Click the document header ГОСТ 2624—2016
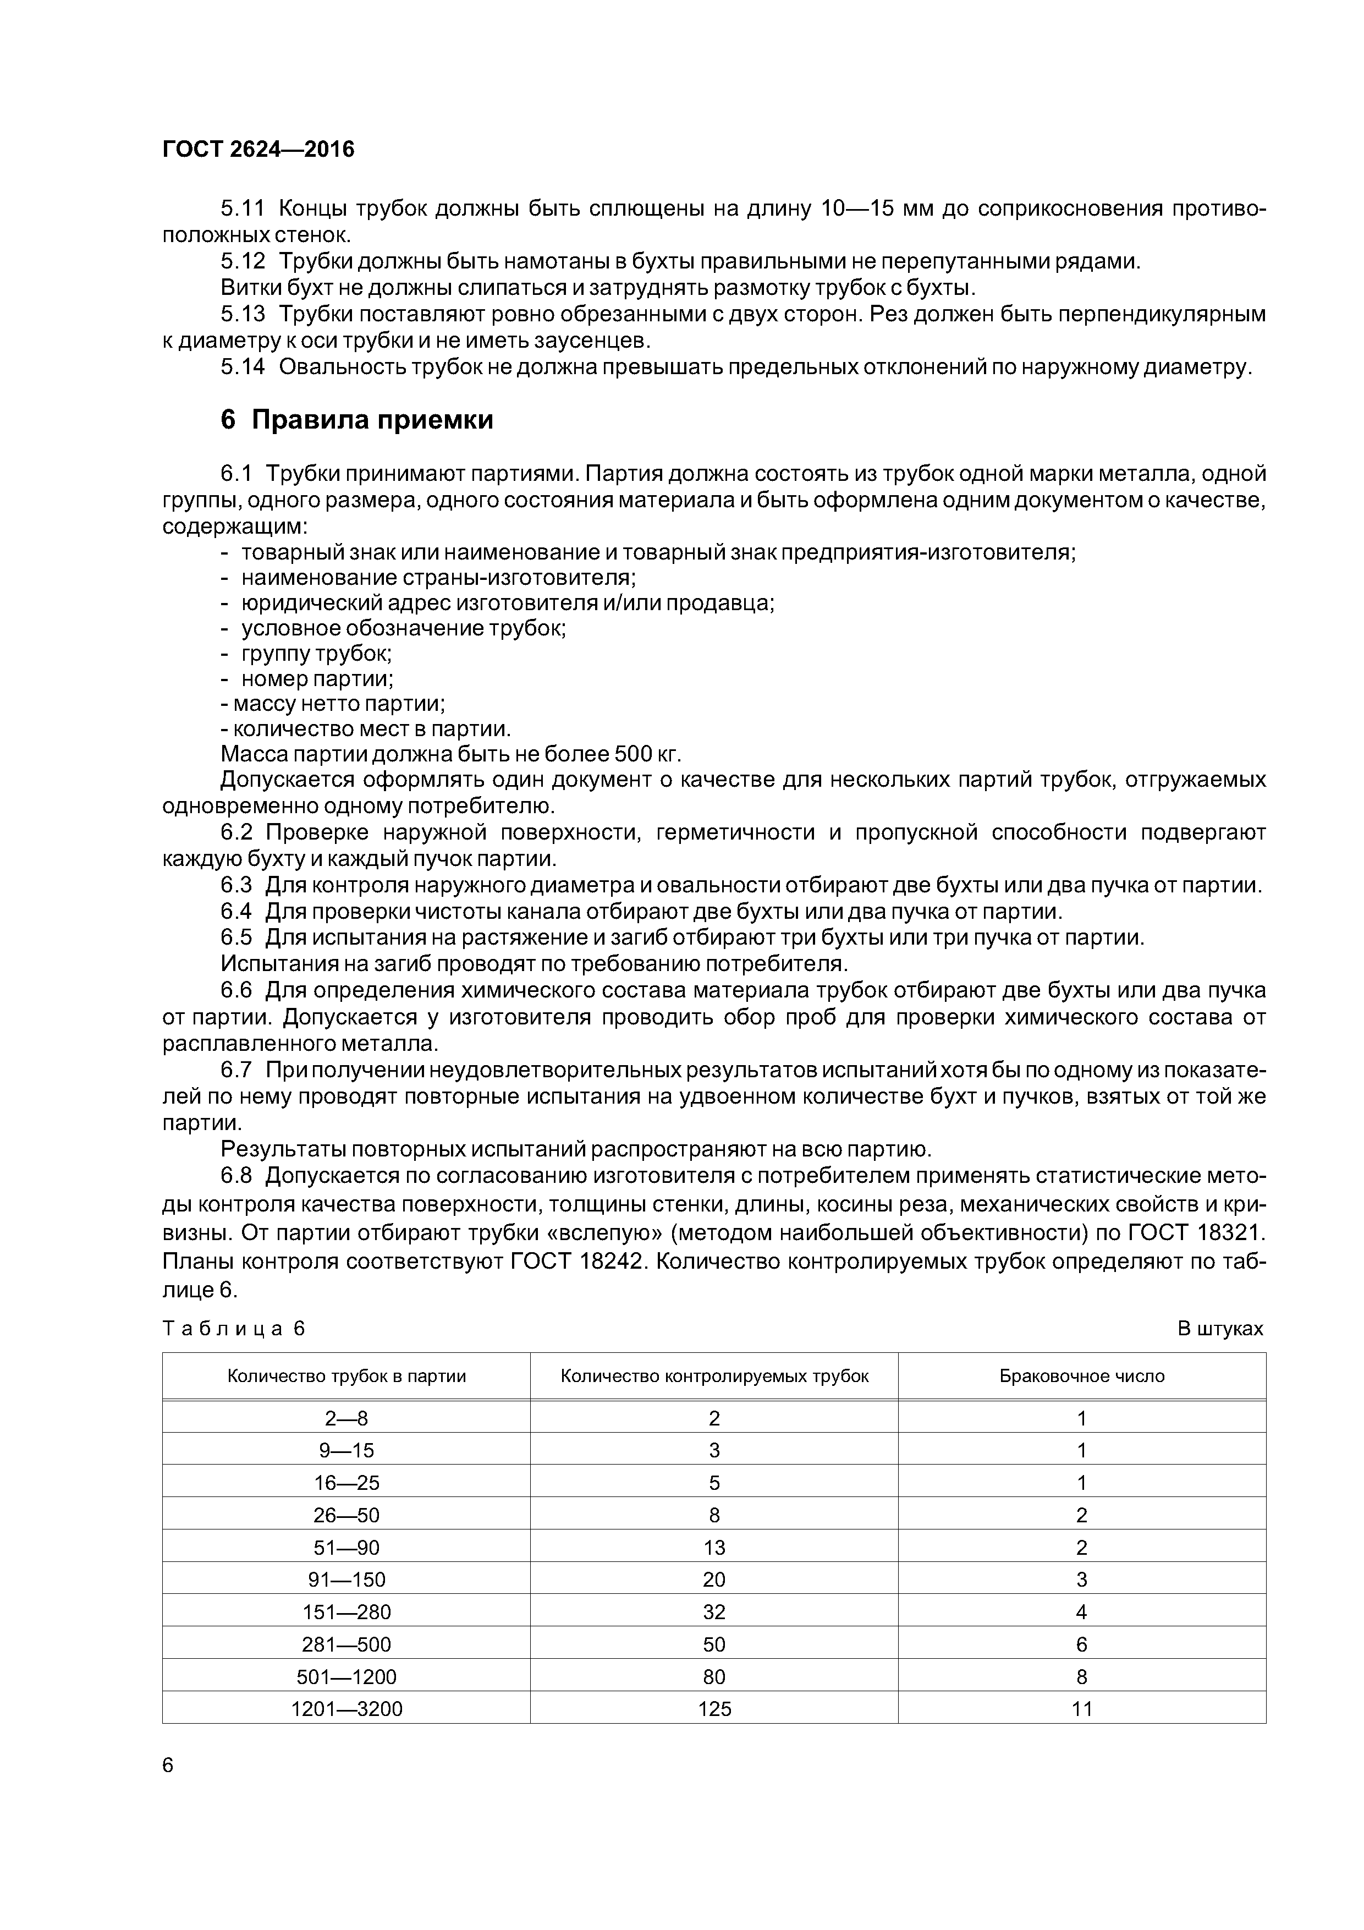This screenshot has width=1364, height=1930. [x=258, y=150]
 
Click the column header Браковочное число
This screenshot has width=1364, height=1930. [x=1082, y=1376]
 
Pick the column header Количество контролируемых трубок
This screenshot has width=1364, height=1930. [x=714, y=1376]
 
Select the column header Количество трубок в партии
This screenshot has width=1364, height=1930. [x=346, y=1376]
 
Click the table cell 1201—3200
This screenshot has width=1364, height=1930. [x=346, y=1708]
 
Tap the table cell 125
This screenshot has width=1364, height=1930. [x=714, y=1708]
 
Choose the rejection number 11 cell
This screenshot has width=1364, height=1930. [x=1082, y=1708]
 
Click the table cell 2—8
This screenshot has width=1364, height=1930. [x=346, y=1419]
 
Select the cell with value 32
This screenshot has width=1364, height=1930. [x=714, y=1611]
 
